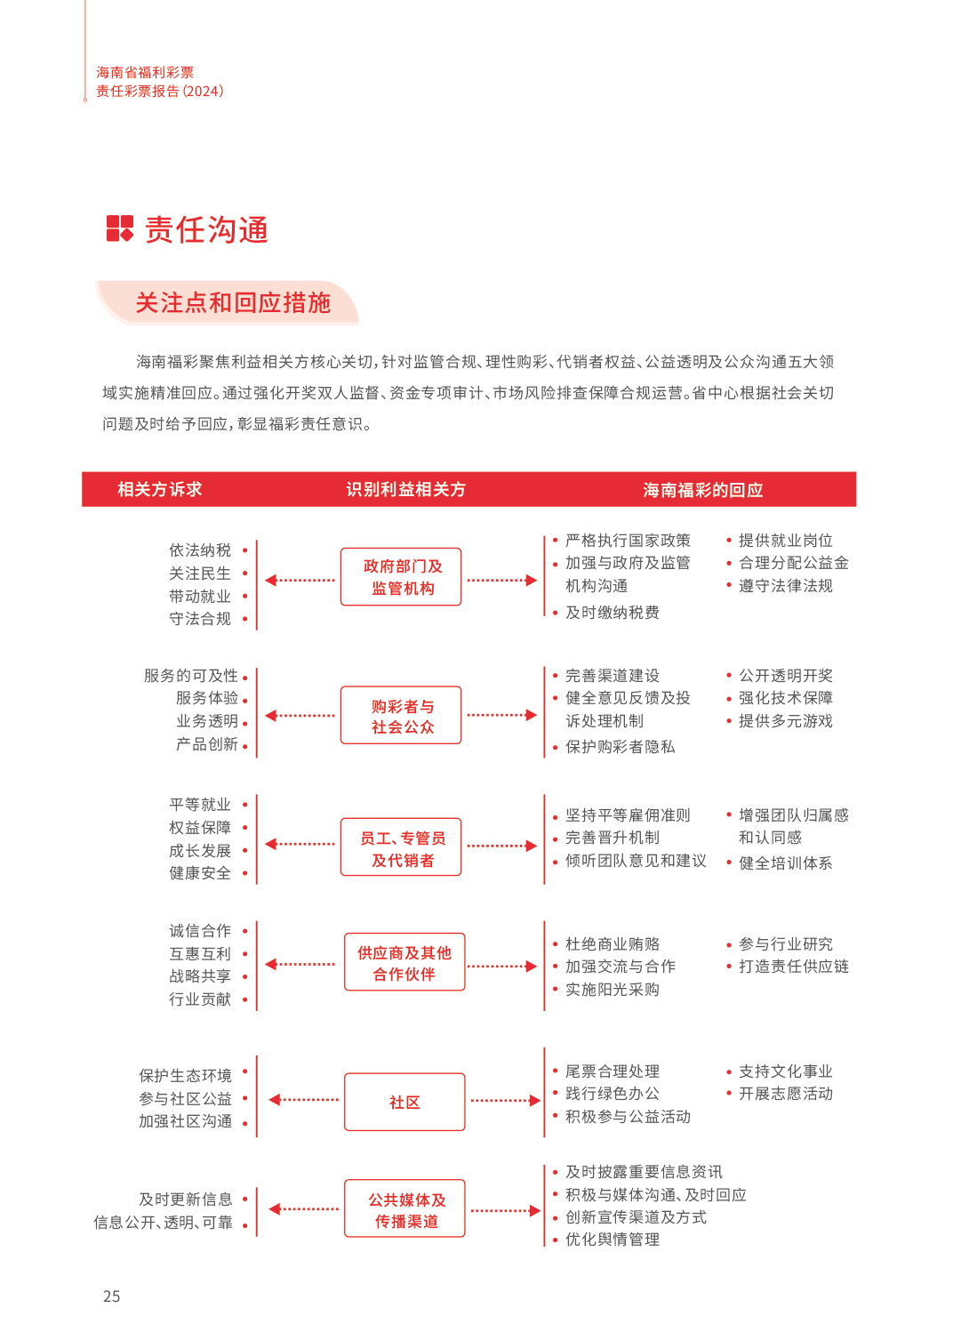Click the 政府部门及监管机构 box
(x=401, y=576)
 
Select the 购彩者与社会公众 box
(x=401, y=715)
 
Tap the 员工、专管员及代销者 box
(x=401, y=847)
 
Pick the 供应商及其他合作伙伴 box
(x=404, y=962)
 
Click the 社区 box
(x=404, y=1102)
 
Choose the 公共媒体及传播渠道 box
(x=404, y=1208)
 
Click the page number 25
(x=111, y=1296)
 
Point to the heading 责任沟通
(x=206, y=229)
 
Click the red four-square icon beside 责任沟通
(x=119, y=229)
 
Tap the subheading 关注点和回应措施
(x=233, y=302)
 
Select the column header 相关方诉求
(x=159, y=489)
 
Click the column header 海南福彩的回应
(x=702, y=490)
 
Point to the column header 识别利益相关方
(x=406, y=489)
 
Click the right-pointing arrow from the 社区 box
(x=506, y=1101)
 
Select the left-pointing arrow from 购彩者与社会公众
(x=300, y=716)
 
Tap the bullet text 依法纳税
(x=200, y=550)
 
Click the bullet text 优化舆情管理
(x=613, y=1240)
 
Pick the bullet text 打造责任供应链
(x=794, y=967)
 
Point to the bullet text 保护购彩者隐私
(x=620, y=747)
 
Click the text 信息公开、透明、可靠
(x=163, y=1223)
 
